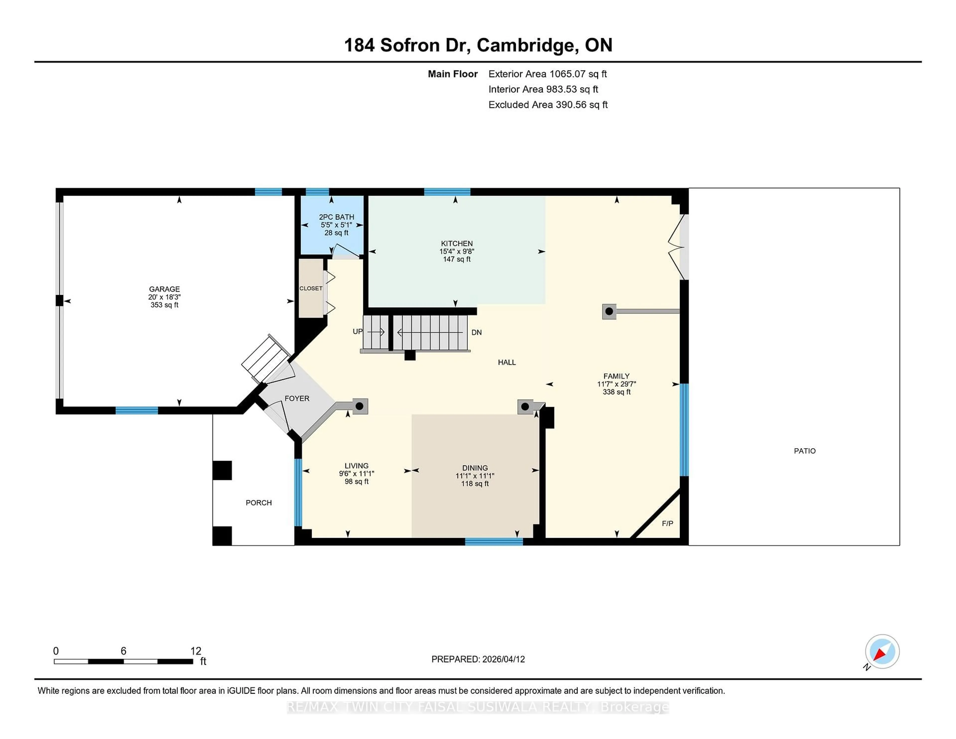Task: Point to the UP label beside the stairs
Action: tap(358, 331)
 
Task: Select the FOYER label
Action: tap(297, 398)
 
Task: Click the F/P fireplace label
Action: tap(667, 523)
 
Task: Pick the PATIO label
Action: tap(805, 451)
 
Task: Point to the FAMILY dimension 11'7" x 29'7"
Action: tap(616, 384)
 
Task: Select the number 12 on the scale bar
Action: tap(196, 651)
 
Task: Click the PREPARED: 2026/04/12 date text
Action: tap(478, 659)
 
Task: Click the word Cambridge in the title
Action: tap(525, 45)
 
